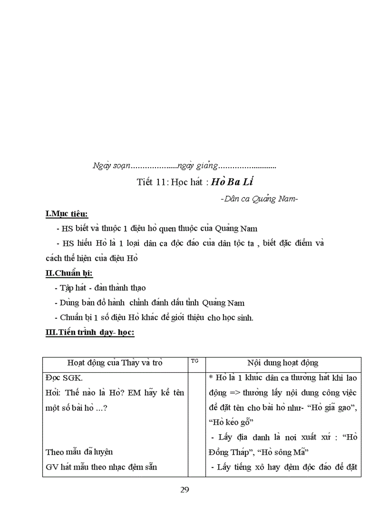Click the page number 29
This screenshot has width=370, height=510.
(184, 490)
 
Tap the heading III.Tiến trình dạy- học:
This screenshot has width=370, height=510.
(90, 332)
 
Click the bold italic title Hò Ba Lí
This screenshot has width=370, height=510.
(231, 182)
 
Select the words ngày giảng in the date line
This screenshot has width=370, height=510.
(198, 166)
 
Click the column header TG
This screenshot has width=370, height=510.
(195, 361)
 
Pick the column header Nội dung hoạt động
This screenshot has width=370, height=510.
(282, 363)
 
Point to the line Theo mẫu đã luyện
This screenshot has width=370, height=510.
(79, 452)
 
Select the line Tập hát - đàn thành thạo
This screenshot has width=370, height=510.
(102, 288)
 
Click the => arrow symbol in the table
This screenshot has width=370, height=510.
(233, 392)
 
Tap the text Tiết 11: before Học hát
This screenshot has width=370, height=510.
(153, 183)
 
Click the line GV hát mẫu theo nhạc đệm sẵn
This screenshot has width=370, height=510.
(102, 466)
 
